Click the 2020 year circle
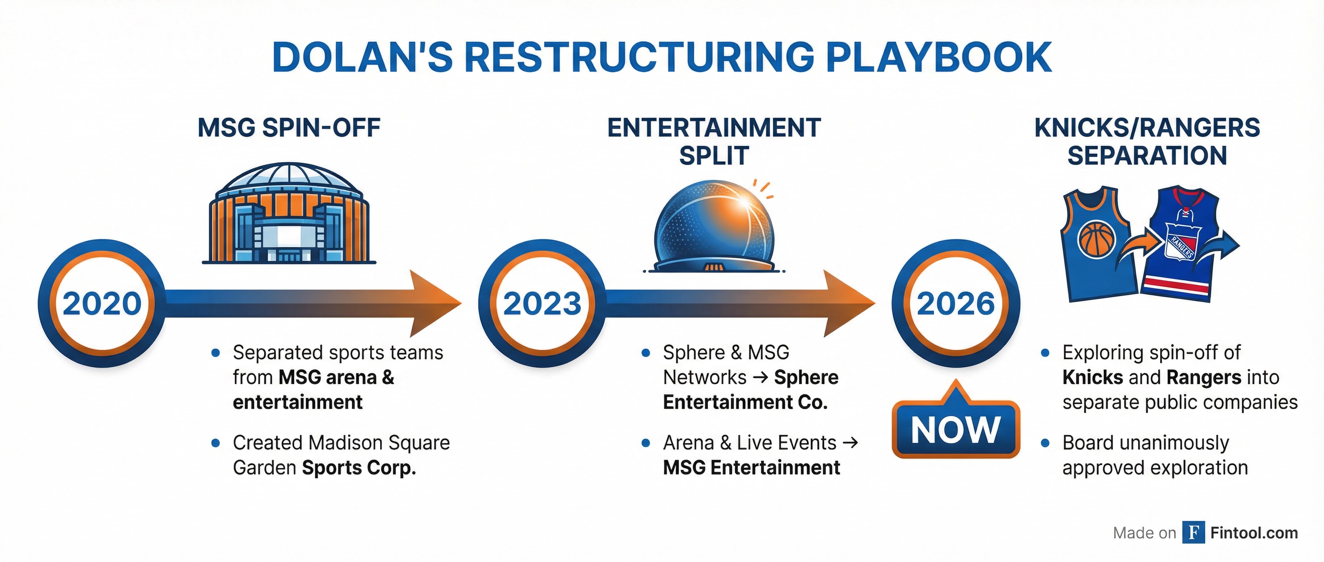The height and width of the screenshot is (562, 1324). tap(102, 303)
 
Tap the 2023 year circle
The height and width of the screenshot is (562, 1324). tap(542, 303)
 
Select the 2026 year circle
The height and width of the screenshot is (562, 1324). tap(955, 303)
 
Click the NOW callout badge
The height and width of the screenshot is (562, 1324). tap(955, 429)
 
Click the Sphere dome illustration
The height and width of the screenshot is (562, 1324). tap(714, 226)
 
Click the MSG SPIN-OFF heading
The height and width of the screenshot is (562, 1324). tap(289, 128)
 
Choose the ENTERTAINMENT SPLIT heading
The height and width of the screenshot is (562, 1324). tap(714, 141)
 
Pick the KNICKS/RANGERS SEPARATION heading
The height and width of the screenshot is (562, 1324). tap(1147, 141)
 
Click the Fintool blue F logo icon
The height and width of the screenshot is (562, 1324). tap(1194, 532)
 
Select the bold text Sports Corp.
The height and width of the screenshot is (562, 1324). tap(359, 468)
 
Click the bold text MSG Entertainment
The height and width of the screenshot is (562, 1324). tap(751, 468)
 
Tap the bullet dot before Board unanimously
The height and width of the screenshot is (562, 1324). tap(1045, 443)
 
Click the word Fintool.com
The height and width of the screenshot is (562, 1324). tap(1254, 533)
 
